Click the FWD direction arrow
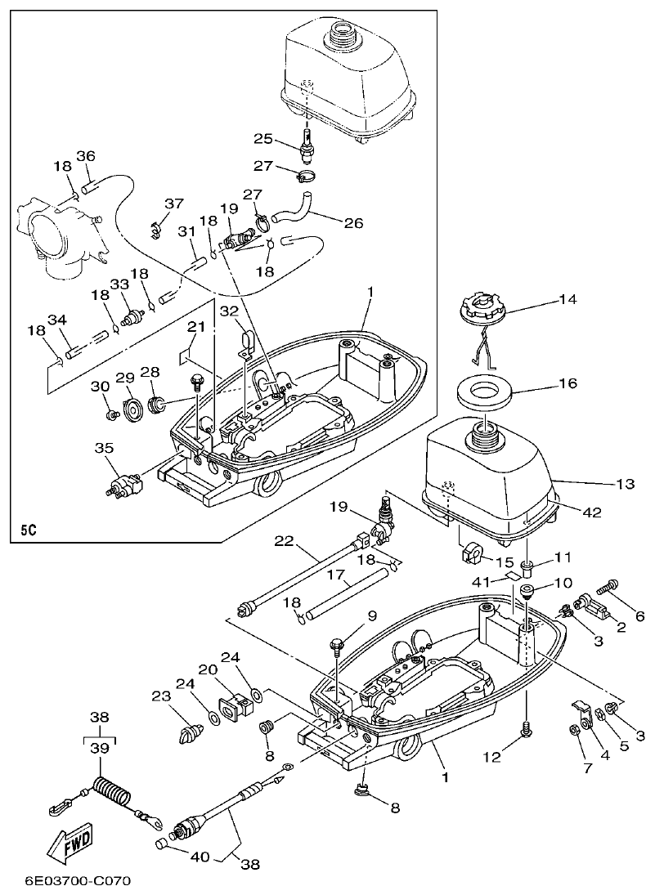pos(70,843)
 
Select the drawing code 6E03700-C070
pos(67,881)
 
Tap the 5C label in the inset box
pos(29,529)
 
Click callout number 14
pos(568,300)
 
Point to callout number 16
pos(568,383)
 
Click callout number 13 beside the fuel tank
pos(625,485)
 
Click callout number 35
pos(104,448)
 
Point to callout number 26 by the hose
pos(353,222)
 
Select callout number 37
pos(174,204)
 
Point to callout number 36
pos(86,156)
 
